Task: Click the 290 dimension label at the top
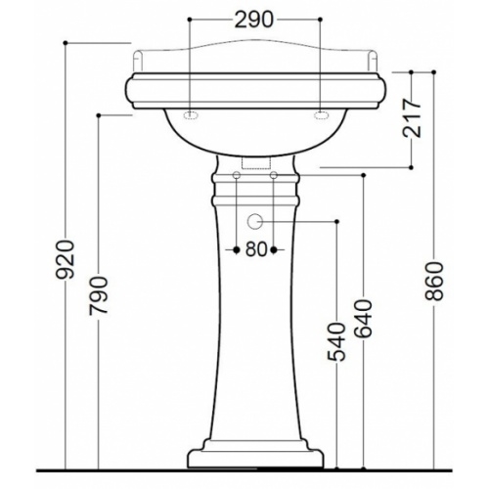pyautogui.click(x=253, y=21)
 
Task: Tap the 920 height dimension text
pyautogui.click(x=66, y=260)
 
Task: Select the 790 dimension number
pyautogui.click(x=98, y=296)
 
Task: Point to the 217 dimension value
pyautogui.click(x=412, y=117)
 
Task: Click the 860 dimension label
pyautogui.click(x=434, y=281)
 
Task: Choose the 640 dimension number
pyautogui.click(x=364, y=318)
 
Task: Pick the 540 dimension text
pyautogui.click(x=336, y=342)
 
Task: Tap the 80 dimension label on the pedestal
pyautogui.click(x=256, y=249)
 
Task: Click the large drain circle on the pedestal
pyautogui.click(x=254, y=222)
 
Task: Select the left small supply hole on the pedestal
pyautogui.click(x=237, y=175)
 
